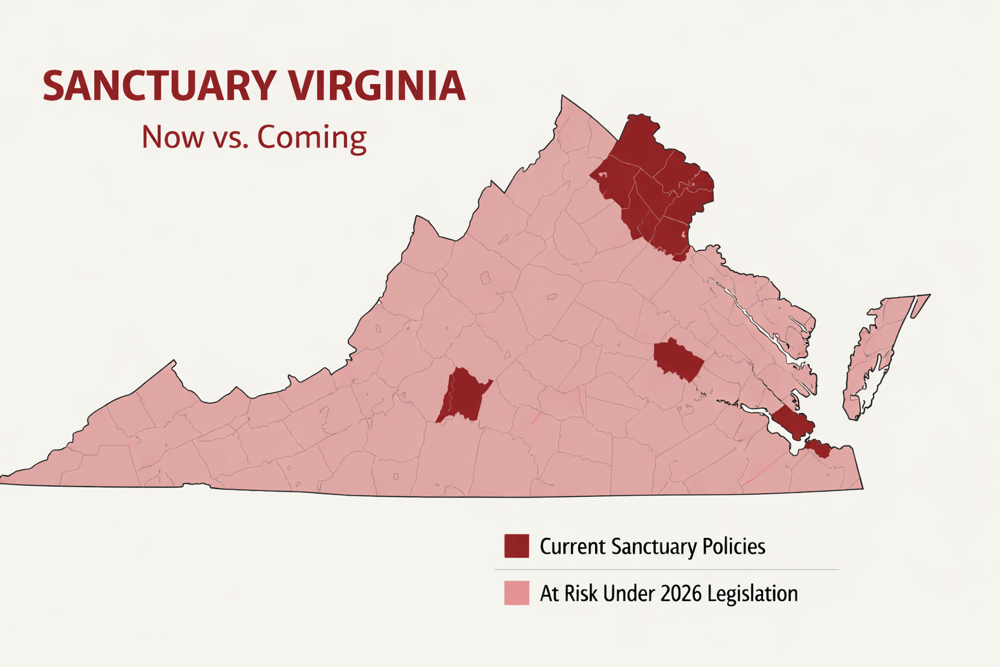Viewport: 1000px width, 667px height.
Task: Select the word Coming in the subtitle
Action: (312, 137)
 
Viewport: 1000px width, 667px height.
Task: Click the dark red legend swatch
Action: (516, 546)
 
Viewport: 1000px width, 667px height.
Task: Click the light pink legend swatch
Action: (516, 593)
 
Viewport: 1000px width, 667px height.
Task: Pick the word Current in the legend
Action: (572, 546)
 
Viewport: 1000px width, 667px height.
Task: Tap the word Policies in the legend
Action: (734, 546)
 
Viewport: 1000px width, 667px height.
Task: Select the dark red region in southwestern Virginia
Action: (463, 395)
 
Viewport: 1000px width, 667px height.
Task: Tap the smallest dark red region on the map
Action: (818, 449)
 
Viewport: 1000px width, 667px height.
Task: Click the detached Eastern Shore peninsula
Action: (876, 355)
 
